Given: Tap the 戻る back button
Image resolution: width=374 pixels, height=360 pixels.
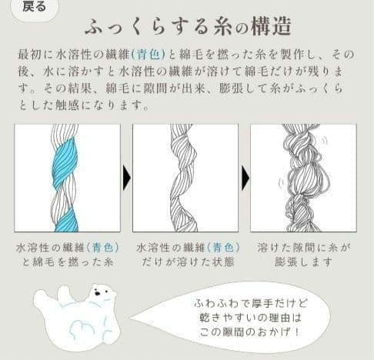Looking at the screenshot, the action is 34,7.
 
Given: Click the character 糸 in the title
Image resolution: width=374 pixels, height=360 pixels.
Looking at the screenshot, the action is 222,26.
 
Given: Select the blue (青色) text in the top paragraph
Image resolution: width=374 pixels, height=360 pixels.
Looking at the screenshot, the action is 149,54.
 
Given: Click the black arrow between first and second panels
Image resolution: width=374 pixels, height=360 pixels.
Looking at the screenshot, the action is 126,178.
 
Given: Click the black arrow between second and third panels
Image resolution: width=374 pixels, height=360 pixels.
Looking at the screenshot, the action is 245,178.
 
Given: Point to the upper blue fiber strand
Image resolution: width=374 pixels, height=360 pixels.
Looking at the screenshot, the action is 64,162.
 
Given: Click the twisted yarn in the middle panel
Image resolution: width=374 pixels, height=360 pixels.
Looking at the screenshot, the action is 183,178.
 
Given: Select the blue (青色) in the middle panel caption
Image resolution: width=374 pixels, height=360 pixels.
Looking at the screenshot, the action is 223,248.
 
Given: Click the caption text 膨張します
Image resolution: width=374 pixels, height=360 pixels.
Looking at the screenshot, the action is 304,262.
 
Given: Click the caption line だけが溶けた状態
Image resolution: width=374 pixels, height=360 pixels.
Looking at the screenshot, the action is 188,262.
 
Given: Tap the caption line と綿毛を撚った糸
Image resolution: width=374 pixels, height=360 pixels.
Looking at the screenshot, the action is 68,262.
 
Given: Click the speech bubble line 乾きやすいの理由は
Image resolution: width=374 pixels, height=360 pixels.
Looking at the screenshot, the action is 250,318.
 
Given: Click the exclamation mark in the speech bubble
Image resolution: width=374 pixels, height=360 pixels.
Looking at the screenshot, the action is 297,332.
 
